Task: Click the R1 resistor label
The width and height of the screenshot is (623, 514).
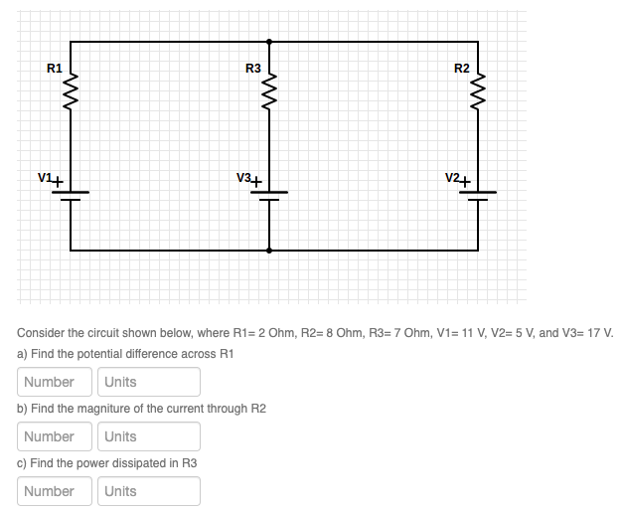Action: coord(55,69)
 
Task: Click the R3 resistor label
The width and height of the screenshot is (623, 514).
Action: coord(252,69)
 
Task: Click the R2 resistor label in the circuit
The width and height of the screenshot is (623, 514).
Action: coord(461,69)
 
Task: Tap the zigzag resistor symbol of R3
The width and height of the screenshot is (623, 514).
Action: coord(269,97)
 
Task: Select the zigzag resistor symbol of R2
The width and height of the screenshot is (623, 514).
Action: coord(478,97)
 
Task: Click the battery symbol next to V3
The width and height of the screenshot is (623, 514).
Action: coord(269,195)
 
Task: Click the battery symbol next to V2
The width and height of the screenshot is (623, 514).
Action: coord(478,195)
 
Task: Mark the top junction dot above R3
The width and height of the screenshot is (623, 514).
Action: coord(269,42)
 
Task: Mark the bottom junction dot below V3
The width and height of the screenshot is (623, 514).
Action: coord(269,251)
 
